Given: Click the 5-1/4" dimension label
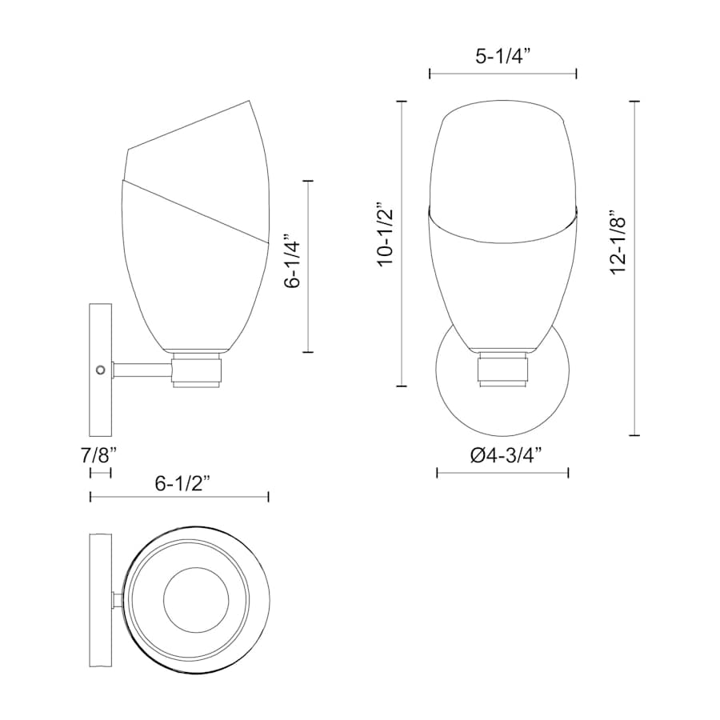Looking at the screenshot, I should [503, 56].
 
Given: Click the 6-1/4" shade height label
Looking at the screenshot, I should [293, 264].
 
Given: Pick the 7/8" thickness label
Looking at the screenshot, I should [99, 456].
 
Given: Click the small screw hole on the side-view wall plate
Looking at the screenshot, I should [100, 369].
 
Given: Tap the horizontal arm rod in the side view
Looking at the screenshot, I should [142, 370].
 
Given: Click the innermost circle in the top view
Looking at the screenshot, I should [196, 599].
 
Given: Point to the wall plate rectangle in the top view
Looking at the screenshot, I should [102, 599].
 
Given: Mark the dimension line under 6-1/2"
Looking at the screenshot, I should [179, 498].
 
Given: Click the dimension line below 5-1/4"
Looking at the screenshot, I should [503, 74].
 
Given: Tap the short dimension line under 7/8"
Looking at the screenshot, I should [100, 473].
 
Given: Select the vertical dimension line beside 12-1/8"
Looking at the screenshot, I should [634, 269].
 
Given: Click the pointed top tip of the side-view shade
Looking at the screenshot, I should [253, 102].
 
